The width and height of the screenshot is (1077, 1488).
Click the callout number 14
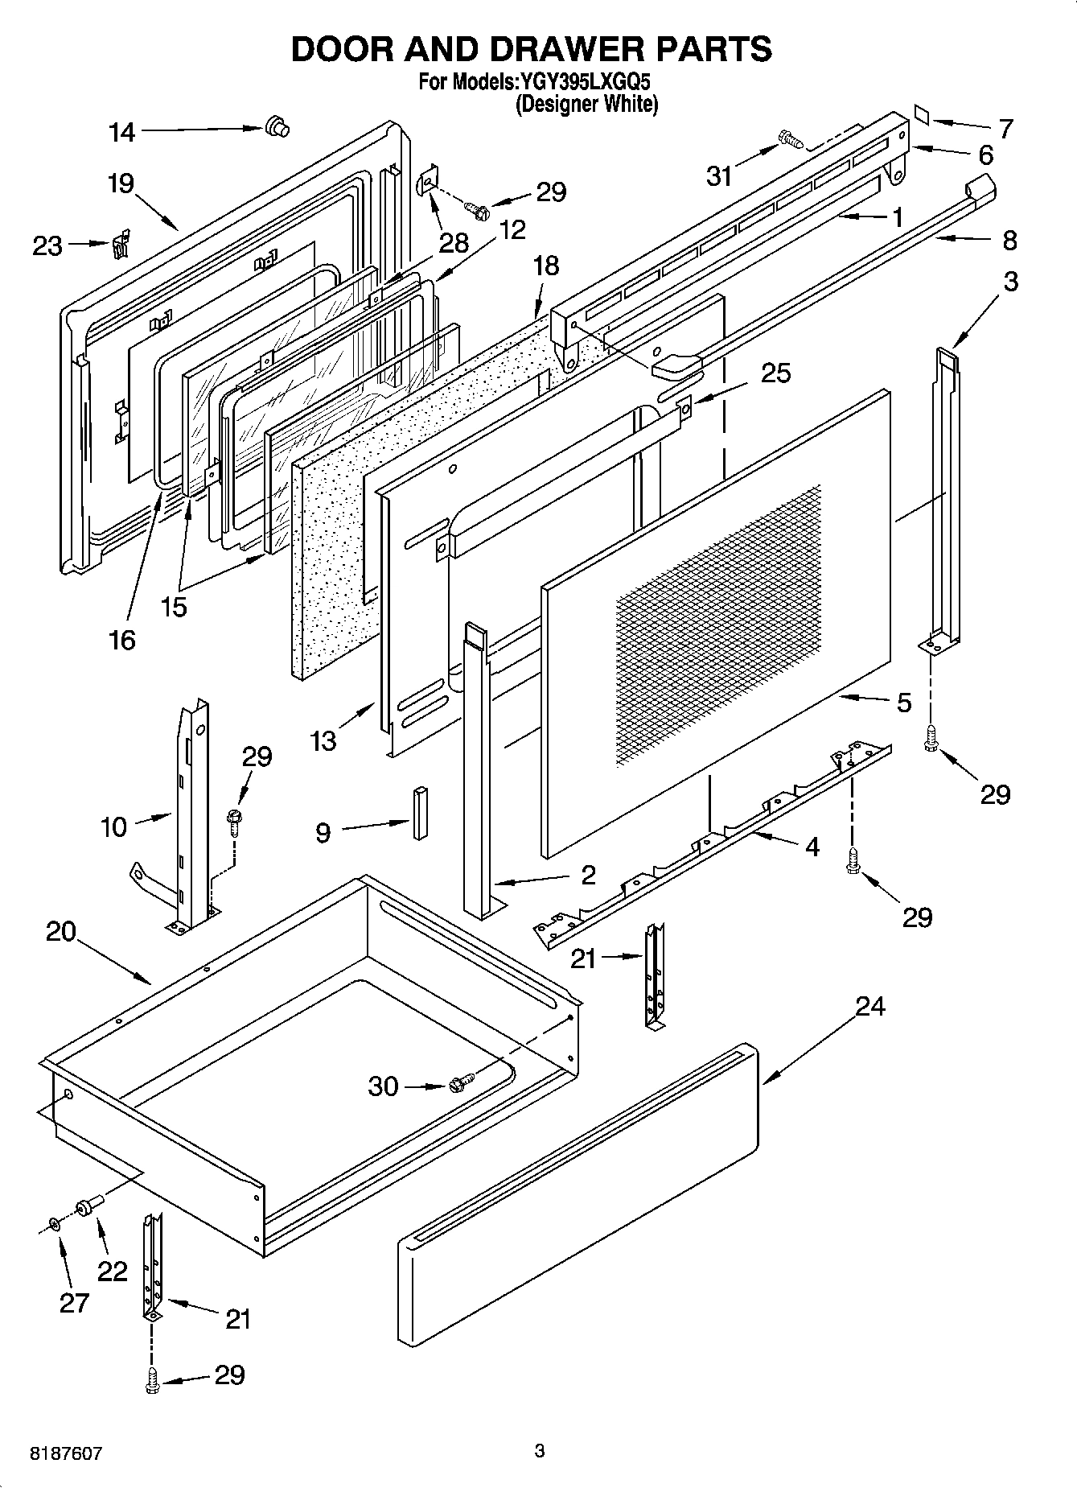coord(122,133)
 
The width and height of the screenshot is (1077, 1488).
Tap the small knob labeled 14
coord(277,126)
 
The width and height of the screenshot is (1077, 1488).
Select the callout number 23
coord(47,246)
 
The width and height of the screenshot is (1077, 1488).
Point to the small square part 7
coord(922,115)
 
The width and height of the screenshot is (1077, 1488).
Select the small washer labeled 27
coord(53,1224)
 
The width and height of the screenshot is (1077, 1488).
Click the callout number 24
coord(869,1006)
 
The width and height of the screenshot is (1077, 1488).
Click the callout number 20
coord(61,932)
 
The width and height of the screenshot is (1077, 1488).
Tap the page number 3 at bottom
coord(540,1451)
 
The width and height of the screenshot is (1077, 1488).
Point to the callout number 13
coord(323,740)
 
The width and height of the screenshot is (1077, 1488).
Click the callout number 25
coord(775,373)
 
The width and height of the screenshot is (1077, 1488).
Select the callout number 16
coord(122,641)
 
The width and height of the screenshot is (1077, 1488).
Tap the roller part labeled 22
coord(86,1205)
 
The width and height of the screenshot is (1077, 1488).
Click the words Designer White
coord(586,105)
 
